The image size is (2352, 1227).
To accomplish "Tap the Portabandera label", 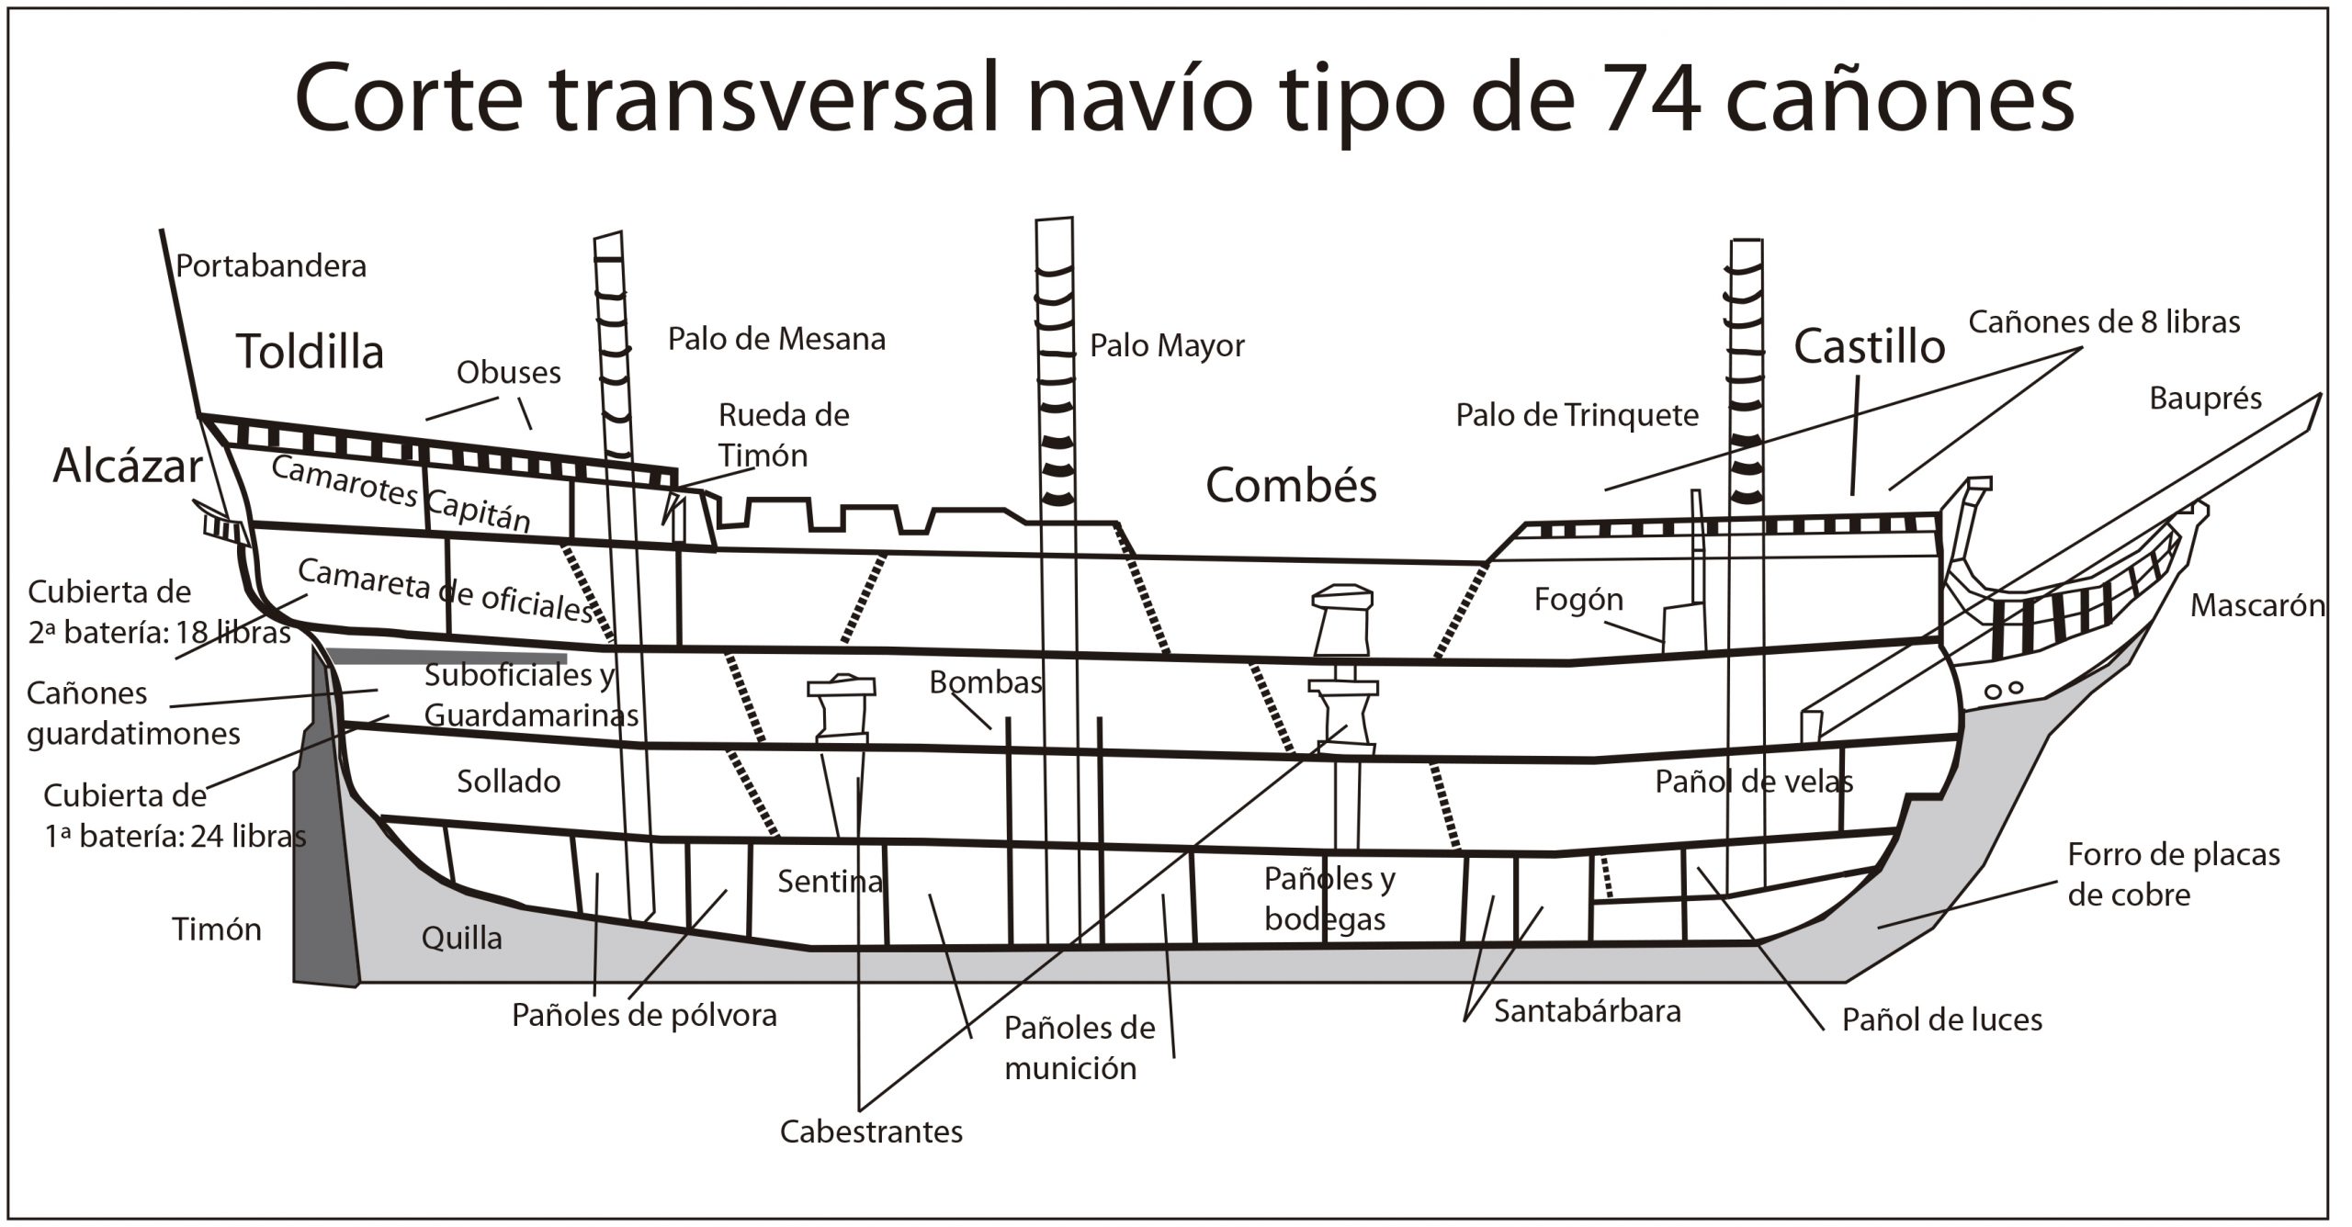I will pos(271,266).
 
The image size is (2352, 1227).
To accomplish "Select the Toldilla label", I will pos(310,352).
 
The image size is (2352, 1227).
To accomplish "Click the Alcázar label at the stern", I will pos(127,466).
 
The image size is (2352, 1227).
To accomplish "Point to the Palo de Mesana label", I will pos(776,339).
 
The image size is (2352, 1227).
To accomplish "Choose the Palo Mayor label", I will pos(1167,345).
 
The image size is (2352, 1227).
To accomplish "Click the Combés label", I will pos(1291,485).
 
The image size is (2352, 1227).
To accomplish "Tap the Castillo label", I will pos(1869,347).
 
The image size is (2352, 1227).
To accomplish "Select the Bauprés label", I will pos(2205,399).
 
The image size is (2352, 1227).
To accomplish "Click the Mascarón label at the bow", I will pos(2257,606).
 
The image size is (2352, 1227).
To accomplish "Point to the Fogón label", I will pos(1578,600).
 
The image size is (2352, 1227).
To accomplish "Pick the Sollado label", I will pos(508,782).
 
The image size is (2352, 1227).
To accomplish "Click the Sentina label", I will pos(830,882).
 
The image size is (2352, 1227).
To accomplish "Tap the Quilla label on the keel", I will pos(461,938).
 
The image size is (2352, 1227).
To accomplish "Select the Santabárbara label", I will pos(1587,1011).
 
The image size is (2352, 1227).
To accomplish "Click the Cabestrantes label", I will pos(871,1131).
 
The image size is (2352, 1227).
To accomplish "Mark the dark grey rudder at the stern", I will pos(324,872).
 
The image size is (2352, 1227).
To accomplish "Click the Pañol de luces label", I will pos(1941,1019).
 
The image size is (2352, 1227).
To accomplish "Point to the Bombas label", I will pos(985,682).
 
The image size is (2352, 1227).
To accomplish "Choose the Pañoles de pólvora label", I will pos(644,1016).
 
